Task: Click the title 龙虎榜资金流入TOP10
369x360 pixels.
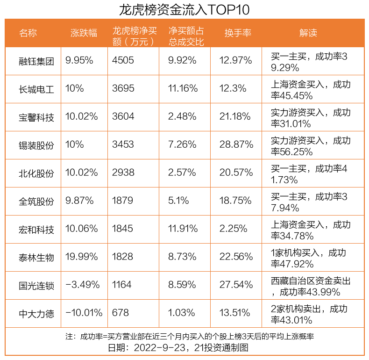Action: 184,9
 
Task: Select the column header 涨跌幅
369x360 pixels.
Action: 84,33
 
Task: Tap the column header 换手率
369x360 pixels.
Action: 238,33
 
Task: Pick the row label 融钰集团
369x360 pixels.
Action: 36,61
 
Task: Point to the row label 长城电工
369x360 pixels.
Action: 36,89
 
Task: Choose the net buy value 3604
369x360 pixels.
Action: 123,117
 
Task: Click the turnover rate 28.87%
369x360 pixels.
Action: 236,145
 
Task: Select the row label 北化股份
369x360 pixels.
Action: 36,173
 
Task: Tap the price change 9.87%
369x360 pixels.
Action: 80,201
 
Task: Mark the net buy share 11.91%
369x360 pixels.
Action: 183,229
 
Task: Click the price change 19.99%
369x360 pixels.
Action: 82,257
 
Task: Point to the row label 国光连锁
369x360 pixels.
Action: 36,285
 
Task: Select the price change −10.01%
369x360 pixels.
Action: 84,313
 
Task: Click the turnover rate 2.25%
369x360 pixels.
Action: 233,229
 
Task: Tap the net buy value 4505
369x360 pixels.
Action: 123,61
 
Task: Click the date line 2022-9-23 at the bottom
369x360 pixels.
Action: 184,348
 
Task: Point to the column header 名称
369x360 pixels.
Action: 28,33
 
